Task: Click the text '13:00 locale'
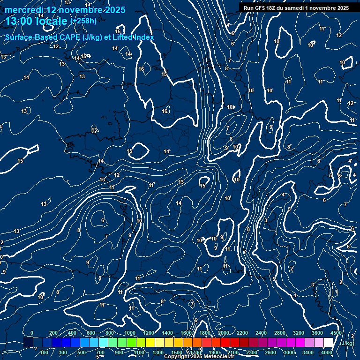click(37, 21)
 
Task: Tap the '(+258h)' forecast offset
click(83, 21)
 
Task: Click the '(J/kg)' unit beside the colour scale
click(346, 343)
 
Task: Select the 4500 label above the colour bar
click(336, 333)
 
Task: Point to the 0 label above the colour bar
click(31, 333)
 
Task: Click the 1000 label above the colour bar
click(130, 333)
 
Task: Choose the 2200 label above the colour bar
click(242, 333)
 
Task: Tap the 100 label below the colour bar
click(45, 352)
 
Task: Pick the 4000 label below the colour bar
click(327, 352)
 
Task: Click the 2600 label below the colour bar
click(270, 352)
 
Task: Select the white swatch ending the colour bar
click(328, 343)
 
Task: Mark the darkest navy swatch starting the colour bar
click(28, 343)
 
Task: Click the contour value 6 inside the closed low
click(103, 220)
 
